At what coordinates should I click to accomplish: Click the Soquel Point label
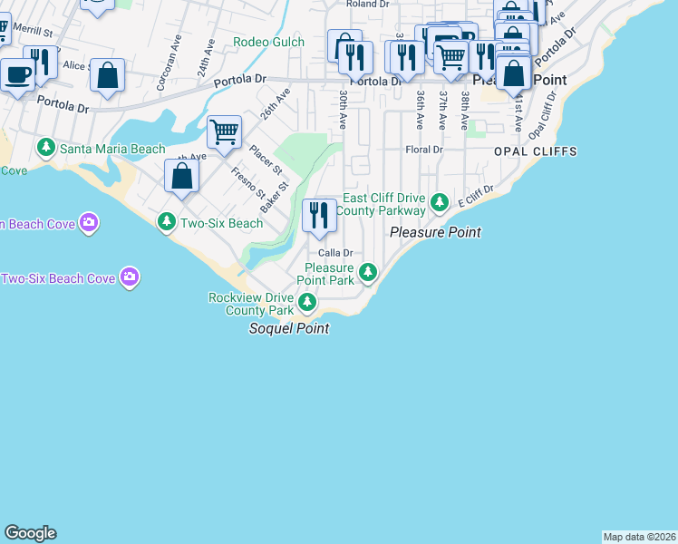tap(289, 328)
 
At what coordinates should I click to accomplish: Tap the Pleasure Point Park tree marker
tap(368, 271)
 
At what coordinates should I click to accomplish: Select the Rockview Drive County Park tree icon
tap(308, 302)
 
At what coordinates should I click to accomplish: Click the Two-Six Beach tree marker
tap(166, 222)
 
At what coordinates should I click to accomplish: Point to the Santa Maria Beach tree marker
tap(46, 147)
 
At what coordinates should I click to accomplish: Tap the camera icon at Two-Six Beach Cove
tap(131, 277)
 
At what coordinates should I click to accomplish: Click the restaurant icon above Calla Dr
tap(318, 216)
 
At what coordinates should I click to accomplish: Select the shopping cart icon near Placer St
tap(224, 132)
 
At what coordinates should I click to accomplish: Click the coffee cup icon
tap(17, 73)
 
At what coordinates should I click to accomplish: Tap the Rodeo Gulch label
tap(270, 42)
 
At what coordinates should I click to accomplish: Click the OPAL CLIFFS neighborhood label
tap(535, 151)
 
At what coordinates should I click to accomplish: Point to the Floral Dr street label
tap(423, 150)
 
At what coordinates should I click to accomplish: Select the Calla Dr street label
tap(334, 253)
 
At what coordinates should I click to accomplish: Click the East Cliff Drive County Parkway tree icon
tap(440, 201)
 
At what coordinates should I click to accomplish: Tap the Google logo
tap(30, 533)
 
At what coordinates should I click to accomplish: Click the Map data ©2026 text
tap(639, 537)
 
